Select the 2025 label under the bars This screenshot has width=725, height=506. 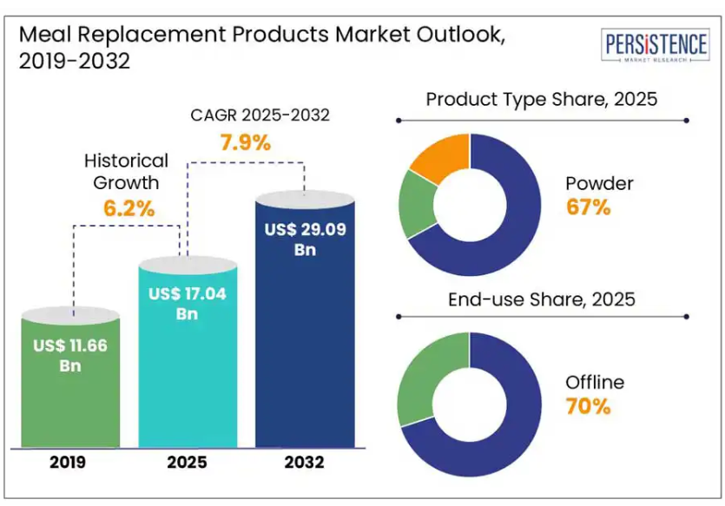(187, 463)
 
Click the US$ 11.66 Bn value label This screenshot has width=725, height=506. (70, 355)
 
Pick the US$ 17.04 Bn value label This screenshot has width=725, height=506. (187, 303)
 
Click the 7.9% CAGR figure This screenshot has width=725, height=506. (245, 142)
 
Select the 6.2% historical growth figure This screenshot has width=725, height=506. (126, 208)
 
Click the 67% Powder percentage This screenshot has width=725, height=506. (589, 207)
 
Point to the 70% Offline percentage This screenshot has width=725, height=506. (589, 405)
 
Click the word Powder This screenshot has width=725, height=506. (599, 184)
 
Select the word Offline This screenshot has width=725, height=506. (595, 382)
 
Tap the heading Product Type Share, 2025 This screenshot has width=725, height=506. (541, 99)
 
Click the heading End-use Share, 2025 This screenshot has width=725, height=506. (541, 299)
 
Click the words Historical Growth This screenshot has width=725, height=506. (126, 171)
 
